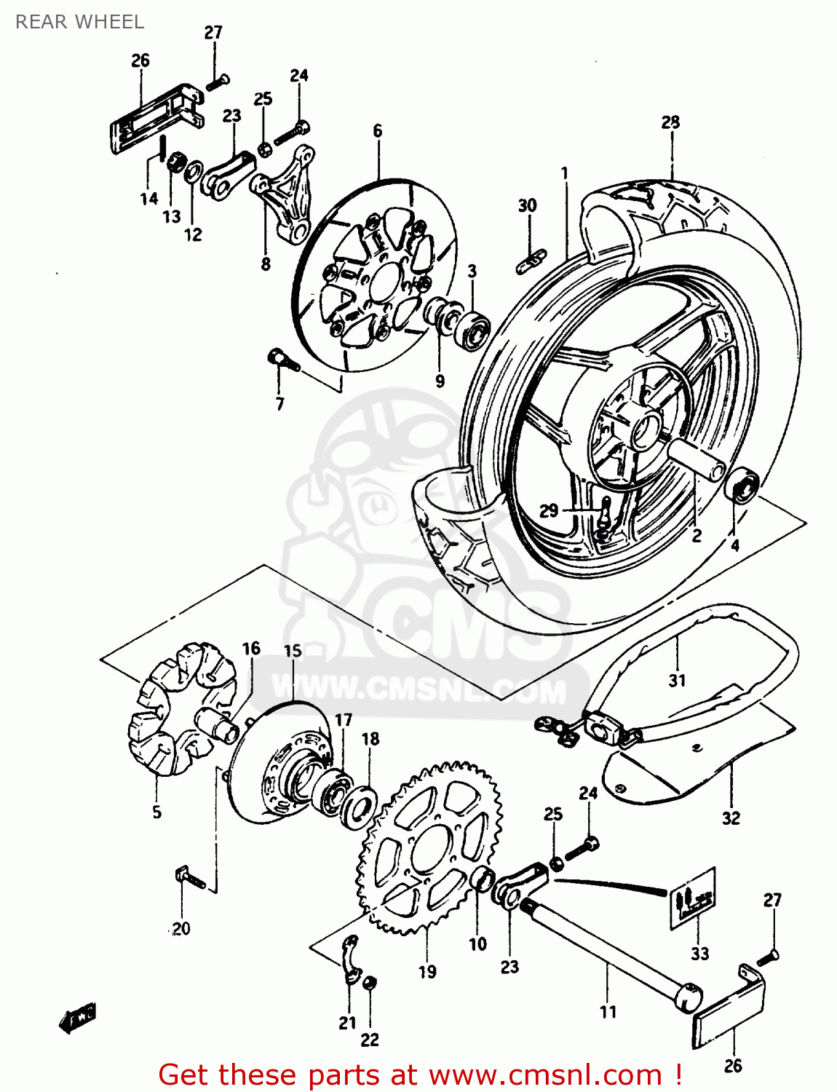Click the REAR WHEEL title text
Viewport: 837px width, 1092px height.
pyautogui.click(x=79, y=22)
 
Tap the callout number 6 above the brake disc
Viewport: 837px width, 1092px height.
pyautogui.click(x=377, y=131)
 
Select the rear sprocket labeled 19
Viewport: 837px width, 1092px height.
pyautogui.click(x=429, y=848)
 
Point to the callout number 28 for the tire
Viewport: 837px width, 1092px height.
pyautogui.click(x=670, y=122)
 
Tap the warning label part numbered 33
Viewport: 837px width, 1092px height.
pyautogui.click(x=692, y=898)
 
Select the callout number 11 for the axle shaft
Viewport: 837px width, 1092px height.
pyautogui.click(x=608, y=1011)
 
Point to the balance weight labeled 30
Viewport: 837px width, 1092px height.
pyautogui.click(x=531, y=260)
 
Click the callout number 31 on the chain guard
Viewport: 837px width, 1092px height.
pyautogui.click(x=677, y=680)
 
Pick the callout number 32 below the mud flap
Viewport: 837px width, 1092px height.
pyautogui.click(x=731, y=818)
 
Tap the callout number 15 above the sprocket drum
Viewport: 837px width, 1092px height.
pyautogui.click(x=293, y=650)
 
